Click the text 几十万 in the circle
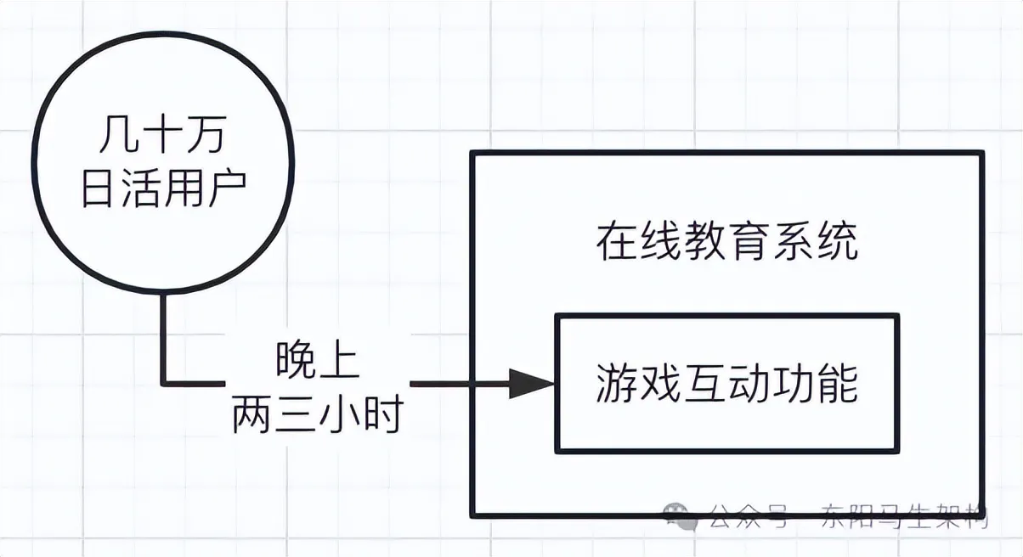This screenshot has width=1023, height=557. point(162,136)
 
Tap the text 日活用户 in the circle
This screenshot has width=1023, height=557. point(162,191)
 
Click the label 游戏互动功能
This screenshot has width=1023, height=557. point(726,384)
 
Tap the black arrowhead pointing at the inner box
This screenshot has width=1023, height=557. point(531,384)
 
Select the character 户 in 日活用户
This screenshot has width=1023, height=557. point(226,191)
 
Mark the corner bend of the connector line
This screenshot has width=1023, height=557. point(163,384)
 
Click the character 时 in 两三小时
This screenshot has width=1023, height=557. point(382,416)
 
